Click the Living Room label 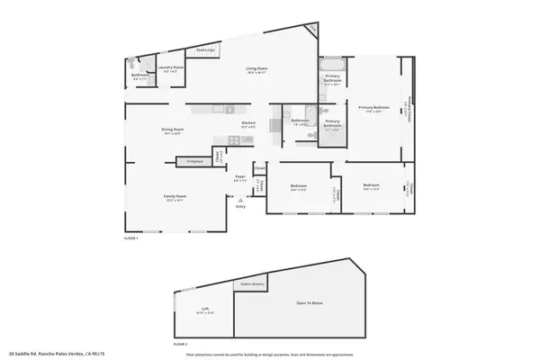tap(257, 69)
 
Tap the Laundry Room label tap(171, 68)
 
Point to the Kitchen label tap(249, 125)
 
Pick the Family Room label tap(175, 198)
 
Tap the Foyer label tap(240, 178)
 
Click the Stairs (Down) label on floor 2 tap(252, 284)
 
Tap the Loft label tap(205, 310)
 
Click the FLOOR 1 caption tap(130, 238)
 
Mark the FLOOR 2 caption tap(180, 344)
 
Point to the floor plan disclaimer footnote tap(270, 354)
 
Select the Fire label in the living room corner tap(312, 30)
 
